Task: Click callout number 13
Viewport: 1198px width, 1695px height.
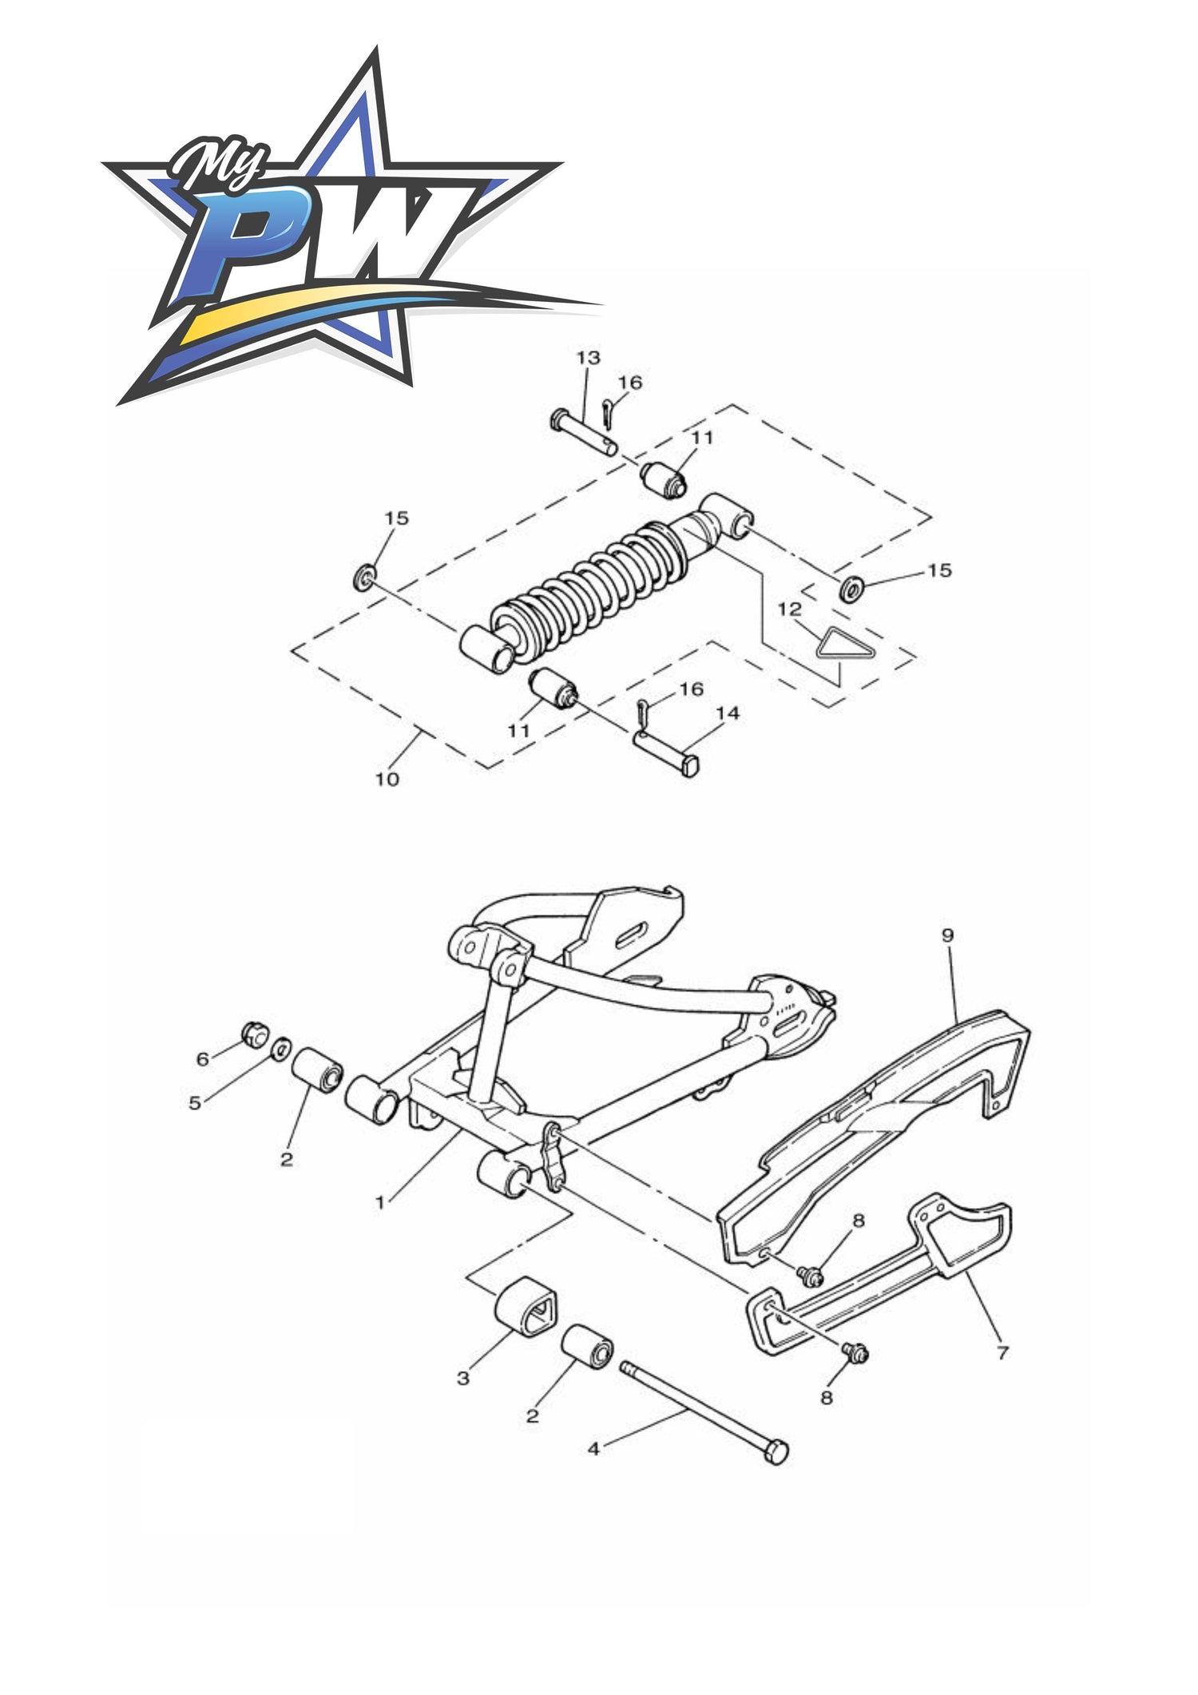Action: point(588,358)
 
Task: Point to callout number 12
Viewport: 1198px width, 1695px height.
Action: point(789,609)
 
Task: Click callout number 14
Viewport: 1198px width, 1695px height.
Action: point(728,713)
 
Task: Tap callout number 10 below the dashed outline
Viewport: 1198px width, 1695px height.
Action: point(387,779)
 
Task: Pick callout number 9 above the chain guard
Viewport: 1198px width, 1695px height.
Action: point(947,935)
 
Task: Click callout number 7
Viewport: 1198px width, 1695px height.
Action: point(1002,1352)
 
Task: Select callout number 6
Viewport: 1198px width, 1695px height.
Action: point(203,1059)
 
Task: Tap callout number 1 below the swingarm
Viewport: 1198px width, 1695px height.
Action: point(380,1201)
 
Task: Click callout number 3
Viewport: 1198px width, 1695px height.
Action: point(463,1378)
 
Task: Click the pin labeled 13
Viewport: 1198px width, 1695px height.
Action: point(583,432)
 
